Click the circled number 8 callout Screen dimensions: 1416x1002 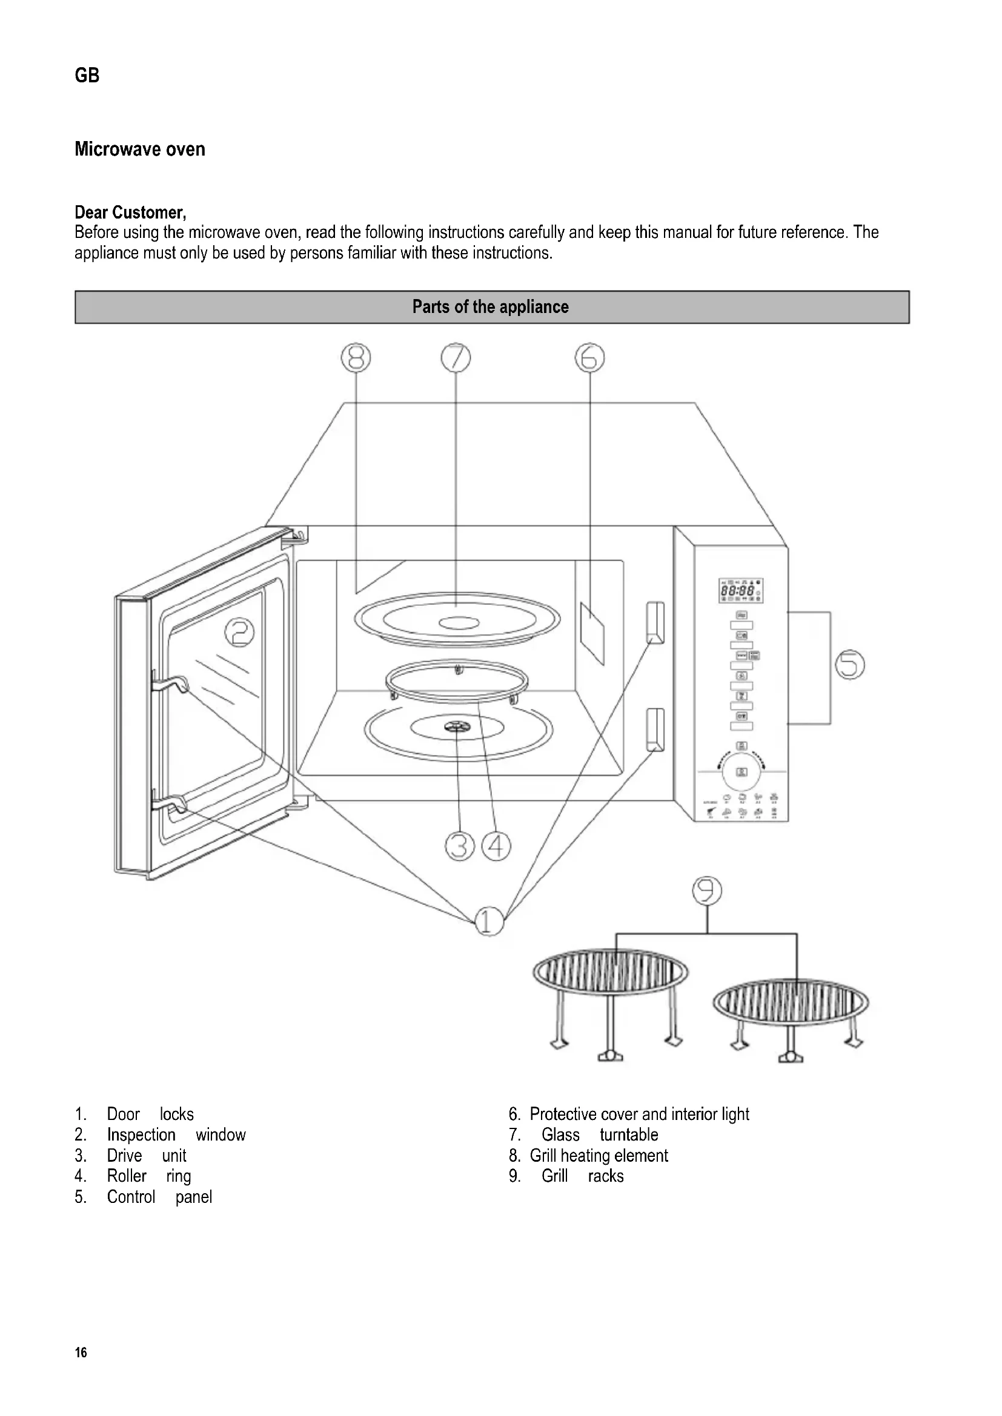[356, 358]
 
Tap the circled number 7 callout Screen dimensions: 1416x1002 [456, 358]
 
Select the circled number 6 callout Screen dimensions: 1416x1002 [589, 358]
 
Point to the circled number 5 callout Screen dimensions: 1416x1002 [849, 665]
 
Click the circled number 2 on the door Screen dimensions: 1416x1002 [239, 633]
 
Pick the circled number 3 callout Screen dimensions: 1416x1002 [460, 846]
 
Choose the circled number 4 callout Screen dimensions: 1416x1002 [496, 846]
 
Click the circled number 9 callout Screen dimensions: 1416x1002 [707, 891]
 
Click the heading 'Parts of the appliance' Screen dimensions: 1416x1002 [491, 307]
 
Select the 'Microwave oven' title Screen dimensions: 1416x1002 [140, 150]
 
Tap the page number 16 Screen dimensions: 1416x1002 [81, 1352]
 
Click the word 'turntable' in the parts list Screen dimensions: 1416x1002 [629, 1134]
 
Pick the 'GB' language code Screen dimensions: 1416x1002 [87, 75]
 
